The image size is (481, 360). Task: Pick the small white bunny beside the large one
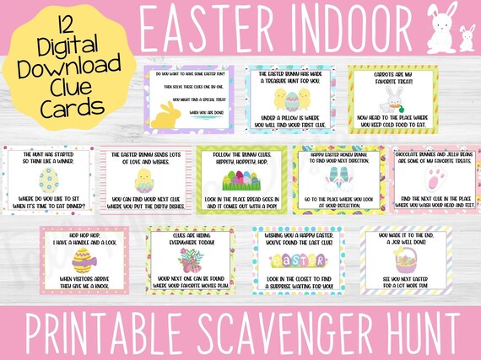(466, 39)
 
